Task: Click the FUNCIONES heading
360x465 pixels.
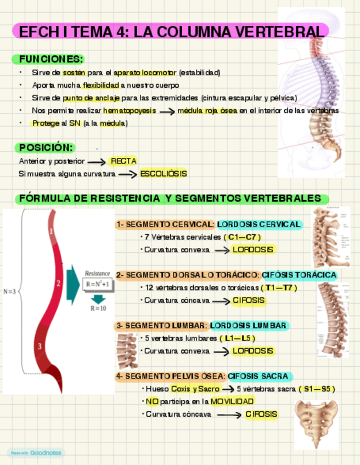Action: click(51, 59)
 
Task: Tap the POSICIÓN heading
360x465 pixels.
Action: click(46, 148)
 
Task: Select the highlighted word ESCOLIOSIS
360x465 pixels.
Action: click(164, 173)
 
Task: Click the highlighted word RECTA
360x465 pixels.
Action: click(123, 161)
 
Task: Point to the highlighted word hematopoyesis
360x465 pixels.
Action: click(129, 111)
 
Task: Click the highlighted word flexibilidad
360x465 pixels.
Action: click(101, 85)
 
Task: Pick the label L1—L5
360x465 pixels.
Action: click(240, 338)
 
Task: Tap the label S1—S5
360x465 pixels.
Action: click(317, 389)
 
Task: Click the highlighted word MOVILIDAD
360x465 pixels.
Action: click(232, 401)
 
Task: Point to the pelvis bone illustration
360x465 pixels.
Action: click(317, 423)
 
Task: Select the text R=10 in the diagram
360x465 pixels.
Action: click(98, 308)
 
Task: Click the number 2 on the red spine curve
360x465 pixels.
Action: click(58, 283)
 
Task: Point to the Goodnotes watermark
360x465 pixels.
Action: click(35, 453)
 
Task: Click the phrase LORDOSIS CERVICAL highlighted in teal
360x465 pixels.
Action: click(259, 224)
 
